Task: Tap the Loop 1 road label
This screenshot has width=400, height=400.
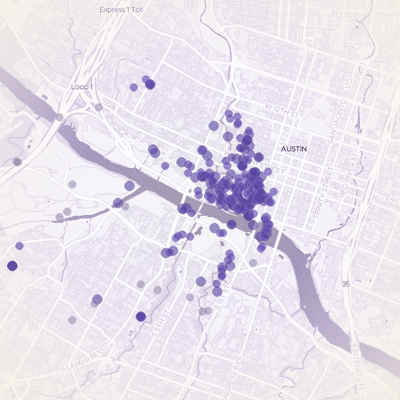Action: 83,86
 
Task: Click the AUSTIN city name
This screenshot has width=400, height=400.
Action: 294,149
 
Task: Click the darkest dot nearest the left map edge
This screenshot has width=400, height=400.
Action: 12,266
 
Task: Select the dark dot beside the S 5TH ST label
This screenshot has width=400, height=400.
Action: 141,316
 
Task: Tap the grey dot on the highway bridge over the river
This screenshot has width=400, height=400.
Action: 60,116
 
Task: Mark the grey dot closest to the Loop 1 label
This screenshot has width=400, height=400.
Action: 99,107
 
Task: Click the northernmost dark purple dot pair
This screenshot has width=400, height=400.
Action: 149,84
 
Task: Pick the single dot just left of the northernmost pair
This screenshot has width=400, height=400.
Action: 134,87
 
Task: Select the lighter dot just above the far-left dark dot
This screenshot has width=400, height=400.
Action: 19,246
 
